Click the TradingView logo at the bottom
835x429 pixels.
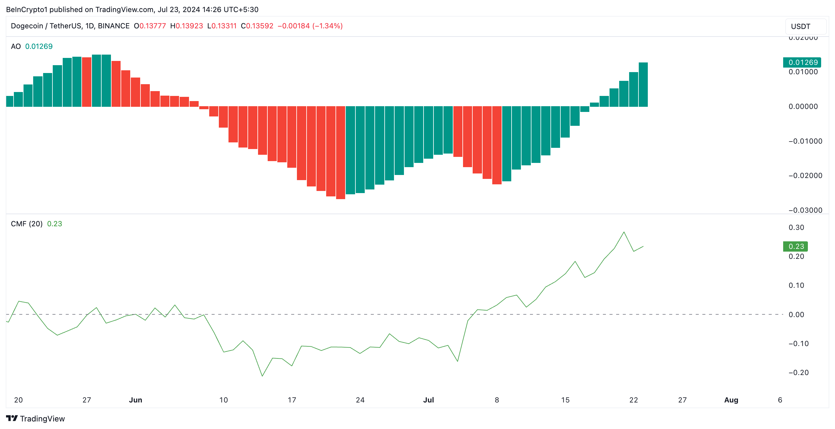click(36, 419)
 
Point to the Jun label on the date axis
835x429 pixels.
click(135, 400)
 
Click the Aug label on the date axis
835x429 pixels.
click(731, 400)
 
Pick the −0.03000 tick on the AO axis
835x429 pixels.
click(805, 210)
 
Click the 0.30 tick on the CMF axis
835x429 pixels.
click(796, 227)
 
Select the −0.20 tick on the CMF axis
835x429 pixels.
click(798, 373)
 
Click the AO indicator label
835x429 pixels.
click(16, 46)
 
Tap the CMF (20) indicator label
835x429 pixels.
click(27, 224)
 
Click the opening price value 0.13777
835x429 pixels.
click(152, 26)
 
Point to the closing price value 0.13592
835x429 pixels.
click(259, 26)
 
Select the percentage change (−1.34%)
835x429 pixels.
click(327, 26)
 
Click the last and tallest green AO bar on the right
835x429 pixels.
click(643, 84)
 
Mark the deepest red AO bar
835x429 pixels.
click(340, 153)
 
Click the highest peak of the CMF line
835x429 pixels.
click(624, 232)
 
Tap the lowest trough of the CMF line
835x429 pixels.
click(262, 376)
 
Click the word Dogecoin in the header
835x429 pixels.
click(27, 26)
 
